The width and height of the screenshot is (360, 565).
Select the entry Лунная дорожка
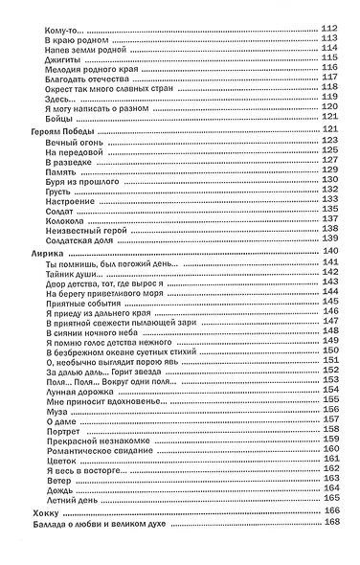click(x=76, y=388)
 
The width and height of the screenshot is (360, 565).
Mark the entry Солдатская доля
click(x=79, y=238)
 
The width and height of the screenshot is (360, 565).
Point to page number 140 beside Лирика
click(x=332, y=251)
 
